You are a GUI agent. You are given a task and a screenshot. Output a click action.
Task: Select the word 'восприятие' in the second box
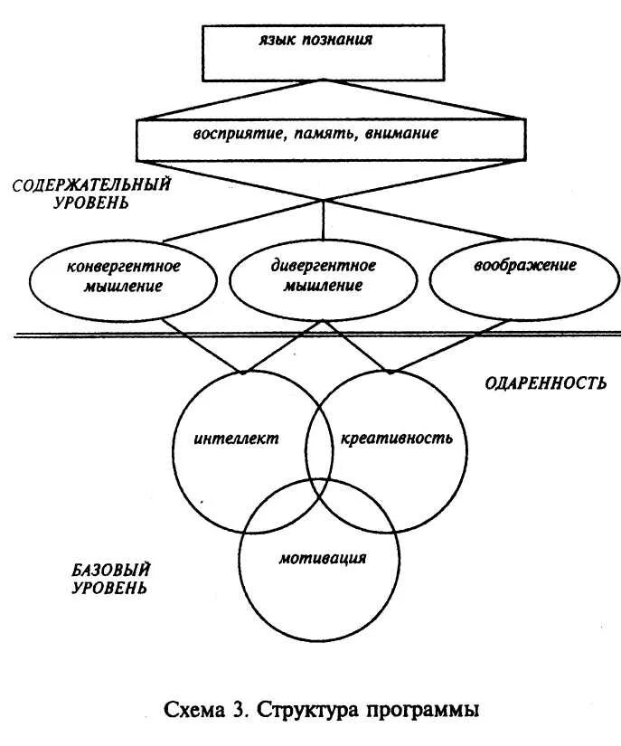(229, 135)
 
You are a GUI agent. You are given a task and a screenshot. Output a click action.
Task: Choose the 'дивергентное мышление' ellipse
(316, 277)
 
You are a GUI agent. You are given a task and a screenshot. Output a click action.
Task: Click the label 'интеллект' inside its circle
(236, 440)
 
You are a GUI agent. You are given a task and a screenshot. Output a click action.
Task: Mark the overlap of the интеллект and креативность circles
(316, 452)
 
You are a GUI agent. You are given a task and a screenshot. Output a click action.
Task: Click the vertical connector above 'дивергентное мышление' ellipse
(323, 222)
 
